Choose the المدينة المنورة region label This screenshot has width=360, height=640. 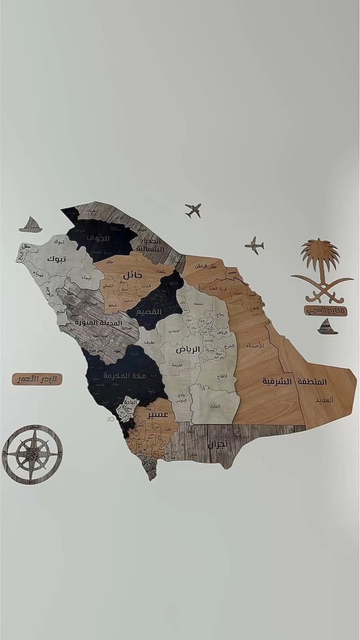[x=99, y=323]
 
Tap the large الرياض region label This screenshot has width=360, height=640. [x=188, y=349]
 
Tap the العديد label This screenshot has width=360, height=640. [x=323, y=399]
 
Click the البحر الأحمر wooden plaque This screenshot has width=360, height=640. [x=37, y=379]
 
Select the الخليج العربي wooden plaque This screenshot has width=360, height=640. [x=326, y=310]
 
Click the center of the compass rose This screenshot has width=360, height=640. [x=32, y=454]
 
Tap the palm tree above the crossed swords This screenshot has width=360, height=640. [x=320, y=257]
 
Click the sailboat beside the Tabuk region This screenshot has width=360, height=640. [x=31, y=225]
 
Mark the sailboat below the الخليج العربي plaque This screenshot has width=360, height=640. [x=327, y=327]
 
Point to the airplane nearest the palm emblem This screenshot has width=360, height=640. [x=254, y=246]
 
